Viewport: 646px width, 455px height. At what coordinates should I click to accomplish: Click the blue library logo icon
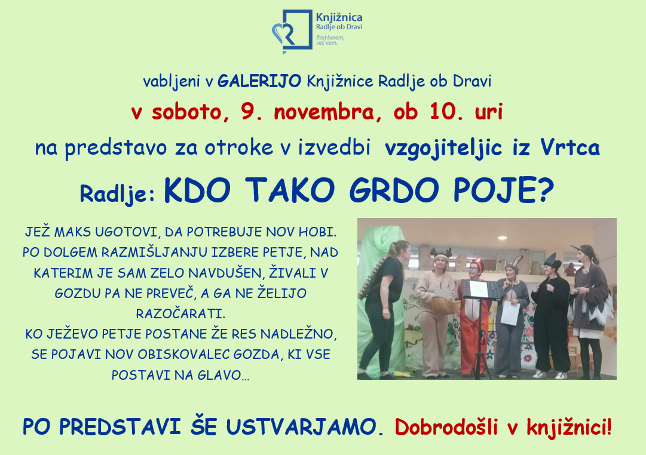(292, 32)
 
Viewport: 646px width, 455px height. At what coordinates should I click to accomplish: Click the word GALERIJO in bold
(259, 81)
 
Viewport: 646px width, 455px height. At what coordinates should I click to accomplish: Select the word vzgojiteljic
(443, 148)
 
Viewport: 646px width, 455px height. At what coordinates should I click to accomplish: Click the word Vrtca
(570, 147)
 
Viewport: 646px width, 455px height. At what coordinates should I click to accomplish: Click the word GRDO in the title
(394, 190)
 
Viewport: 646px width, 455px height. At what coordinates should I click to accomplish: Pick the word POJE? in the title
(503, 190)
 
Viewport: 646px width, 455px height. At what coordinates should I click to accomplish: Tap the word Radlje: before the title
(117, 193)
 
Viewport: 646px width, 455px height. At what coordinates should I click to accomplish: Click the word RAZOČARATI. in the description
(181, 313)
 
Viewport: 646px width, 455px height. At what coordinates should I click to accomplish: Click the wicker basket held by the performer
(445, 305)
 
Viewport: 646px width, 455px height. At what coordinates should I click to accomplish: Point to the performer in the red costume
(475, 317)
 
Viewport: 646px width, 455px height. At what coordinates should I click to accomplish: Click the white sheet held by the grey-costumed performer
(510, 313)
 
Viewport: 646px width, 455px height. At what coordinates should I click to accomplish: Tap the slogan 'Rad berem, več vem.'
(330, 40)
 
